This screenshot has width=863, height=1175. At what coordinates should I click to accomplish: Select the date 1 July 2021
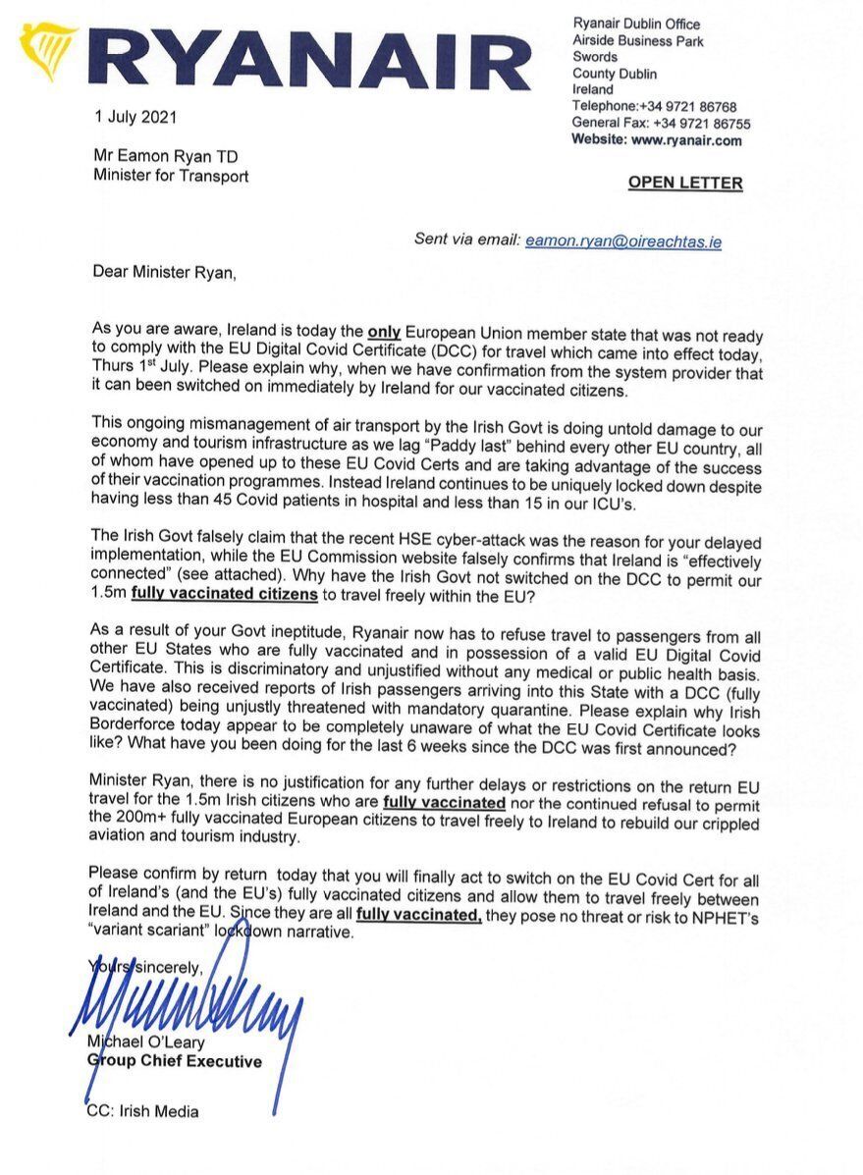(x=135, y=118)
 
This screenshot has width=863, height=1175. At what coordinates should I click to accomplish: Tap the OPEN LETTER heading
(x=685, y=183)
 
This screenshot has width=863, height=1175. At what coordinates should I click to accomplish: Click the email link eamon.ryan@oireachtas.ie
(x=623, y=240)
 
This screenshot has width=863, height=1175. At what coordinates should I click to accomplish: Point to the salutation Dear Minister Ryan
(x=164, y=272)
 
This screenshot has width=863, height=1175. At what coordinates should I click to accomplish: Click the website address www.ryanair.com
(x=686, y=140)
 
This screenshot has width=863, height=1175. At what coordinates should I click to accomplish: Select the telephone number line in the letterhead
(x=654, y=106)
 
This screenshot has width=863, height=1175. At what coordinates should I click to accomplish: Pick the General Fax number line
(x=661, y=124)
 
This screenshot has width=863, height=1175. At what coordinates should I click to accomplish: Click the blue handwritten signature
(x=187, y=1011)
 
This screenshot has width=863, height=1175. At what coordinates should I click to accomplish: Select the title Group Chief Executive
(x=175, y=1061)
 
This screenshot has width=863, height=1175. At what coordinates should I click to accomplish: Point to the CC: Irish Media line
(x=143, y=1111)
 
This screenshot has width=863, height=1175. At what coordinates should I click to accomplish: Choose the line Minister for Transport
(x=171, y=176)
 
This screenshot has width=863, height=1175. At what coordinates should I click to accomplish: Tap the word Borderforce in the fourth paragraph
(x=138, y=732)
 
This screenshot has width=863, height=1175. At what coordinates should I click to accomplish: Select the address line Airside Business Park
(x=638, y=41)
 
